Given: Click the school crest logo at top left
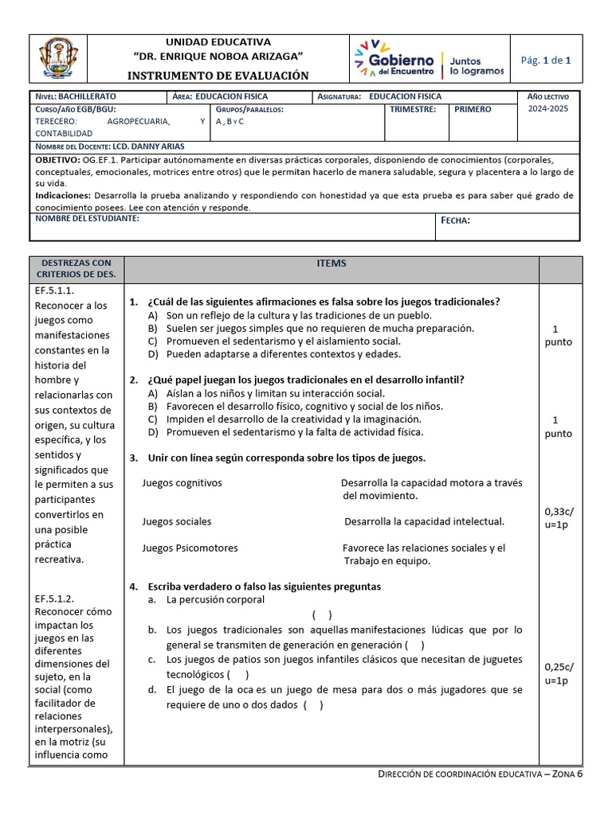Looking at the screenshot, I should pyautogui.click(x=59, y=60).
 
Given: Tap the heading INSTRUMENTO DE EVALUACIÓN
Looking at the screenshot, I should pyautogui.click(x=218, y=76).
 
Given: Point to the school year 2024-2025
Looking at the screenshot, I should pyautogui.click(x=548, y=109).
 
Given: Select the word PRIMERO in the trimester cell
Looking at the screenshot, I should pyautogui.click(x=473, y=109).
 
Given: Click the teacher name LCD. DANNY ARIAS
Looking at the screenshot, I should pyautogui.click(x=150, y=146).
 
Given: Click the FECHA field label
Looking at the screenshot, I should pyautogui.click(x=455, y=220).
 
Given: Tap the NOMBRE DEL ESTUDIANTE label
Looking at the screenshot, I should pyautogui.click(x=87, y=219).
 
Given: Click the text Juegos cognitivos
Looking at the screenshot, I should pyautogui.click(x=182, y=483).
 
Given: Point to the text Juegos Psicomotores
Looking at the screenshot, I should pyautogui.click(x=190, y=548).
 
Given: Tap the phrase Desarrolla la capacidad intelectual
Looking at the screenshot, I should pyautogui.click(x=424, y=521).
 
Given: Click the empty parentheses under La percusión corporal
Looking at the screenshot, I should pyautogui.click(x=322, y=614).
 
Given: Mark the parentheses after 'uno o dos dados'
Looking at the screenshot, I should pyautogui.click(x=313, y=705).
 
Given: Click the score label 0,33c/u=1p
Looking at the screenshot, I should pyautogui.click(x=559, y=519).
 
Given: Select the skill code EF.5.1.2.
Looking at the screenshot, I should pyautogui.click(x=54, y=599).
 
